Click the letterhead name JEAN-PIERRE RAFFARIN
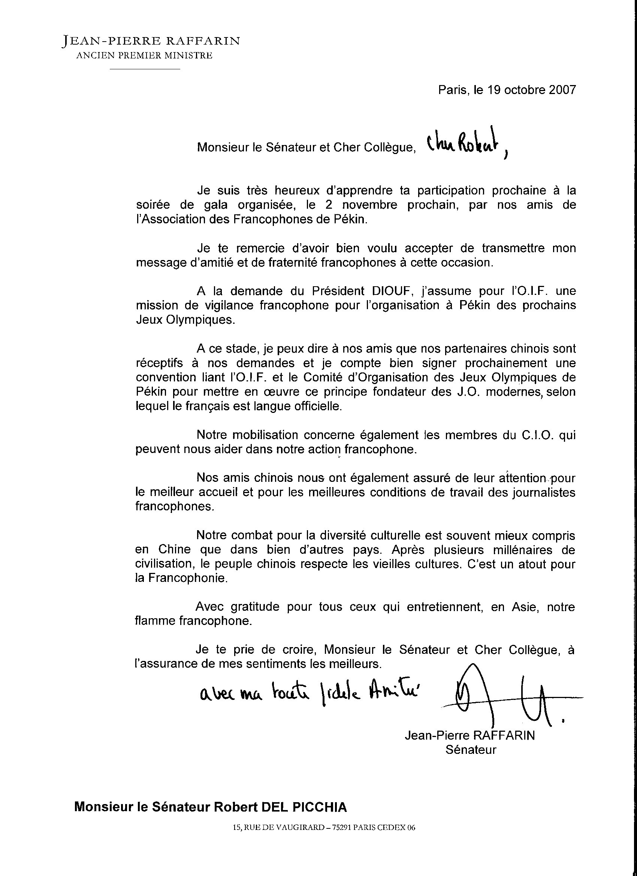click(x=151, y=40)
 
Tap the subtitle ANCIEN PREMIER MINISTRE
click(x=144, y=55)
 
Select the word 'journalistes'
click(x=543, y=492)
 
